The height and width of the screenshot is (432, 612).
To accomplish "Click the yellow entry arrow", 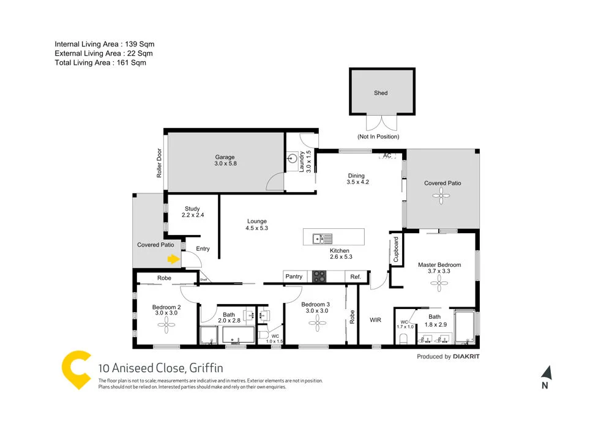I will pyautogui.click(x=174, y=259).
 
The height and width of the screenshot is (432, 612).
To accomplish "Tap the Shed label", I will pyautogui.click(x=381, y=93).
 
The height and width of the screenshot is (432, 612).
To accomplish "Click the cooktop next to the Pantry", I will pyautogui.click(x=320, y=277).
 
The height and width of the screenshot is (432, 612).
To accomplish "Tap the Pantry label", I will pyautogui.click(x=294, y=277).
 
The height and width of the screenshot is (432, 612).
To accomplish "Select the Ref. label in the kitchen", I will pyautogui.click(x=356, y=277).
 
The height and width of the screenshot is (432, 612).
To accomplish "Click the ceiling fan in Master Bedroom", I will pyautogui.click(x=439, y=280).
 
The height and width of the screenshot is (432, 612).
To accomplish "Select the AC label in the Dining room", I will pyautogui.click(x=387, y=156).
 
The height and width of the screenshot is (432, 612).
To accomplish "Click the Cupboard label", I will pyautogui.click(x=396, y=250).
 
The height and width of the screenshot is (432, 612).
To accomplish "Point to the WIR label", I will pyautogui.click(x=376, y=319).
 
